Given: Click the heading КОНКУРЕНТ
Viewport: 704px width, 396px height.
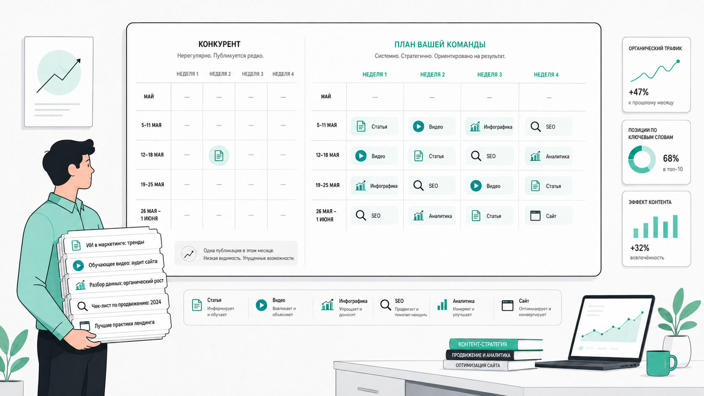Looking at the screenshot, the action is point(219,44).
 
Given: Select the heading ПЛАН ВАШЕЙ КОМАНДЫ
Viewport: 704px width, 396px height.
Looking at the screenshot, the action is point(440,45).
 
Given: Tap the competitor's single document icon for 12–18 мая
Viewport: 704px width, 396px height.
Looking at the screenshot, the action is point(219,155).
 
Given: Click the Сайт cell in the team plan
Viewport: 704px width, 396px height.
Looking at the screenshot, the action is point(548,216).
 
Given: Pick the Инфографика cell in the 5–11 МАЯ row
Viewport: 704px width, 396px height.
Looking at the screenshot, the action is point(489,127).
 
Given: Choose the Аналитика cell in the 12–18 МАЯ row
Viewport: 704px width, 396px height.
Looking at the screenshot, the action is point(549,156).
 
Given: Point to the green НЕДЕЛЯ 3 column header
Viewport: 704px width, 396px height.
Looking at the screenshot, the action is point(489,75).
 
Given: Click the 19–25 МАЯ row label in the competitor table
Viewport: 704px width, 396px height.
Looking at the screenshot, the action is point(152,185).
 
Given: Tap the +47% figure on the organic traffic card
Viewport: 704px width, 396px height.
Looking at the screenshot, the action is point(638,92).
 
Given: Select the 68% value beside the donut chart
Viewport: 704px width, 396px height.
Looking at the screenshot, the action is point(671,158).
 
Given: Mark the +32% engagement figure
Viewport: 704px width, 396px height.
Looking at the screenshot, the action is point(640,248).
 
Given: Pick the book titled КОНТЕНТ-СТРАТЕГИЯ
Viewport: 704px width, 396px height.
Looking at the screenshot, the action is point(496,344).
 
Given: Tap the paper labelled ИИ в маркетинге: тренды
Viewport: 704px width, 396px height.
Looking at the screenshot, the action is point(112,243).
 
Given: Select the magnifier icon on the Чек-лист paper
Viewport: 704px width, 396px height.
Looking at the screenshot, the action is point(82,306).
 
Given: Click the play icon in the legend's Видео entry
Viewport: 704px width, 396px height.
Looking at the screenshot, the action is point(261,305).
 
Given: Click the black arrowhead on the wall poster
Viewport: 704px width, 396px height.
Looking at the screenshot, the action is point(78,61).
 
